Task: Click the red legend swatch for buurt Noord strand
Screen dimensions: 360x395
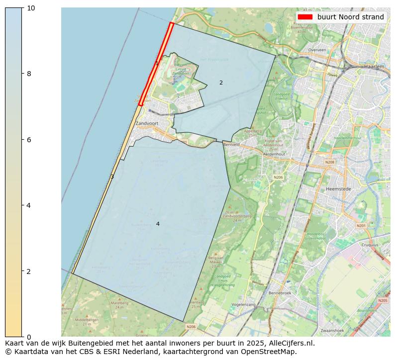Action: [305, 17]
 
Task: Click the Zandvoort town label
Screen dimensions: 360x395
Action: [147, 123]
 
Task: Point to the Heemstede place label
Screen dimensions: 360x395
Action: [339, 189]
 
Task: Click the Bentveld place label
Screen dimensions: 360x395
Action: [231, 145]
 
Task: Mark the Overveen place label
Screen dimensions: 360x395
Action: [317, 50]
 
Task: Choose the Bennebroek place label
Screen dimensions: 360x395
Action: [280, 293]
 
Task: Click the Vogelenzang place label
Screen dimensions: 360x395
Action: [243, 304]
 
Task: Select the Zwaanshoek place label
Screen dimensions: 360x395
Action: [333, 330]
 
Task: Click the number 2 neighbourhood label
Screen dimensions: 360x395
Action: [221, 83]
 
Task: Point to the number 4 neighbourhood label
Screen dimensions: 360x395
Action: [158, 224]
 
